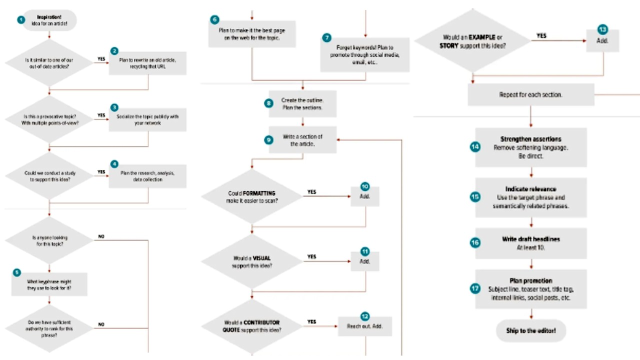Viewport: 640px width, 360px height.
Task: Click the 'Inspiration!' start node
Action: (x=49, y=20)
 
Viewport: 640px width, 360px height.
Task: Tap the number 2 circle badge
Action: (x=114, y=51)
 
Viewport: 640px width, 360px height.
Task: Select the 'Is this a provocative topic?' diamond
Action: (x=49, y=118)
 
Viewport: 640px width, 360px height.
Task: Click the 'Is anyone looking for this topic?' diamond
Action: (x=49, y=241)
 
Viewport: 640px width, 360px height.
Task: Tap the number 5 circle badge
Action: (x=17, y=272)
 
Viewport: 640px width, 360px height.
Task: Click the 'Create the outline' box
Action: (x=302, y=104)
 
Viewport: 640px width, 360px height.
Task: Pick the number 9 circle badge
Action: (x=269, y=140)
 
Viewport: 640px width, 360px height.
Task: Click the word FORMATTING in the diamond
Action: (x=259, y=193)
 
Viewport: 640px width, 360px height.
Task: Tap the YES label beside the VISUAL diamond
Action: (x=311, y=257)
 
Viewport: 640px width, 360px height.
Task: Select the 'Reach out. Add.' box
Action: (x=364, y=326)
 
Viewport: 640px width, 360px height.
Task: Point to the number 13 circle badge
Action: (x=602, y=29)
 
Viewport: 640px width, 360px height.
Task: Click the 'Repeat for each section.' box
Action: (x=530, y=94)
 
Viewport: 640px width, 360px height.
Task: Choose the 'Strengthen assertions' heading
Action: (x=530, y=139)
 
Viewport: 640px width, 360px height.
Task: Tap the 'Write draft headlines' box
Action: (x=530, y=243)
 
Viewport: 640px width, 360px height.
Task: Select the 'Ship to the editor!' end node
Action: (x=530, y=330)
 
